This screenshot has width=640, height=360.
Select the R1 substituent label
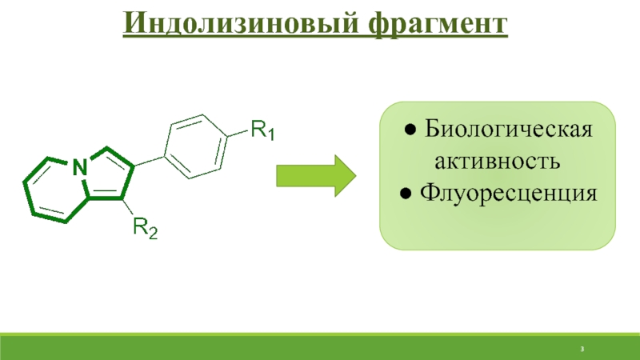click(262, 129)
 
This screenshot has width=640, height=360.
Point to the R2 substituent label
click(145, 230)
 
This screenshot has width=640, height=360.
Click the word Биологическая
click(508, 130)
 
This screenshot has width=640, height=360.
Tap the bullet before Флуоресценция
click(406, 193)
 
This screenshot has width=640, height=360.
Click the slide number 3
click(583, 350)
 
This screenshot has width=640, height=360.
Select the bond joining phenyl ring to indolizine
click(149, 162)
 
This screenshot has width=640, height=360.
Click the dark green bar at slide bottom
click(320, 349)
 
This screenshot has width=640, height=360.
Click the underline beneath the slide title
click(316, 37)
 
